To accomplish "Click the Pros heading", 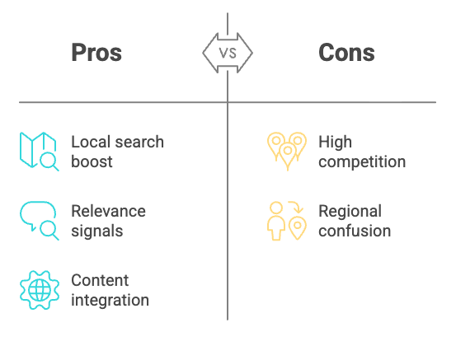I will coord(96,54).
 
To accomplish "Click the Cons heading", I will coord(346,54).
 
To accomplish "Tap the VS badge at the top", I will coord(228,53).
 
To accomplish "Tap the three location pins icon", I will coord(286,151).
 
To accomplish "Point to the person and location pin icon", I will coord(286,221).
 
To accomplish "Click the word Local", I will coord(87,142).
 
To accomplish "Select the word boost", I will coord(92,161).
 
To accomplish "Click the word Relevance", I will coord(108,211).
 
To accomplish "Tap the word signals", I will coord(96,231).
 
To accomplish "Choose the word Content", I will coord(100,280).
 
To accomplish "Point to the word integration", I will coord(110,300).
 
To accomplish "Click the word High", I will coord(335,142).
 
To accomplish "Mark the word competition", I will coord(362,161).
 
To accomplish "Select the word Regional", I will coord(350,211).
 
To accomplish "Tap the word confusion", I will coord(355,231).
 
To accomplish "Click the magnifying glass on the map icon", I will coord(49,162).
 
